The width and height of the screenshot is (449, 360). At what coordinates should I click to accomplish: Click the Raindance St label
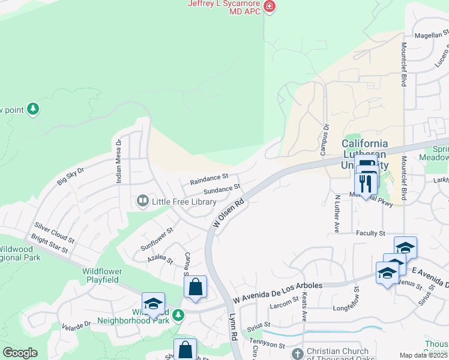pyautogui.click(x=209, y=178)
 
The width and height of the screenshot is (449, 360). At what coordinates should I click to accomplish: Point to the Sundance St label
pyautogui.click(x=221, y=190)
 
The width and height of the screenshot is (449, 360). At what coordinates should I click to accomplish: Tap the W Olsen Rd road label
pyautogui.click(x=230, y=213)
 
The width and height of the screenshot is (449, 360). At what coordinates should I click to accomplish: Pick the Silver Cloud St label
pyautogui.click(x=54, y=231)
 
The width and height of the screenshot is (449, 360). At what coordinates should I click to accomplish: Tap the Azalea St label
pyautogui.click(x=160, y=260)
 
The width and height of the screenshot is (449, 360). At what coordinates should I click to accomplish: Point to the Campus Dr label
pyautogui.click(x=327, y=139)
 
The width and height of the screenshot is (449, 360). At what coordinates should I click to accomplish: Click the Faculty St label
pyautogui.click(x=370, y=233)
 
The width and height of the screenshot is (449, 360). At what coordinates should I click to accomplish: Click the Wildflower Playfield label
pyautogui.click(x=102, y=276)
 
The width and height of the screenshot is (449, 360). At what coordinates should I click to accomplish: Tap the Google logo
pyautogui.click(x=20, y=353)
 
